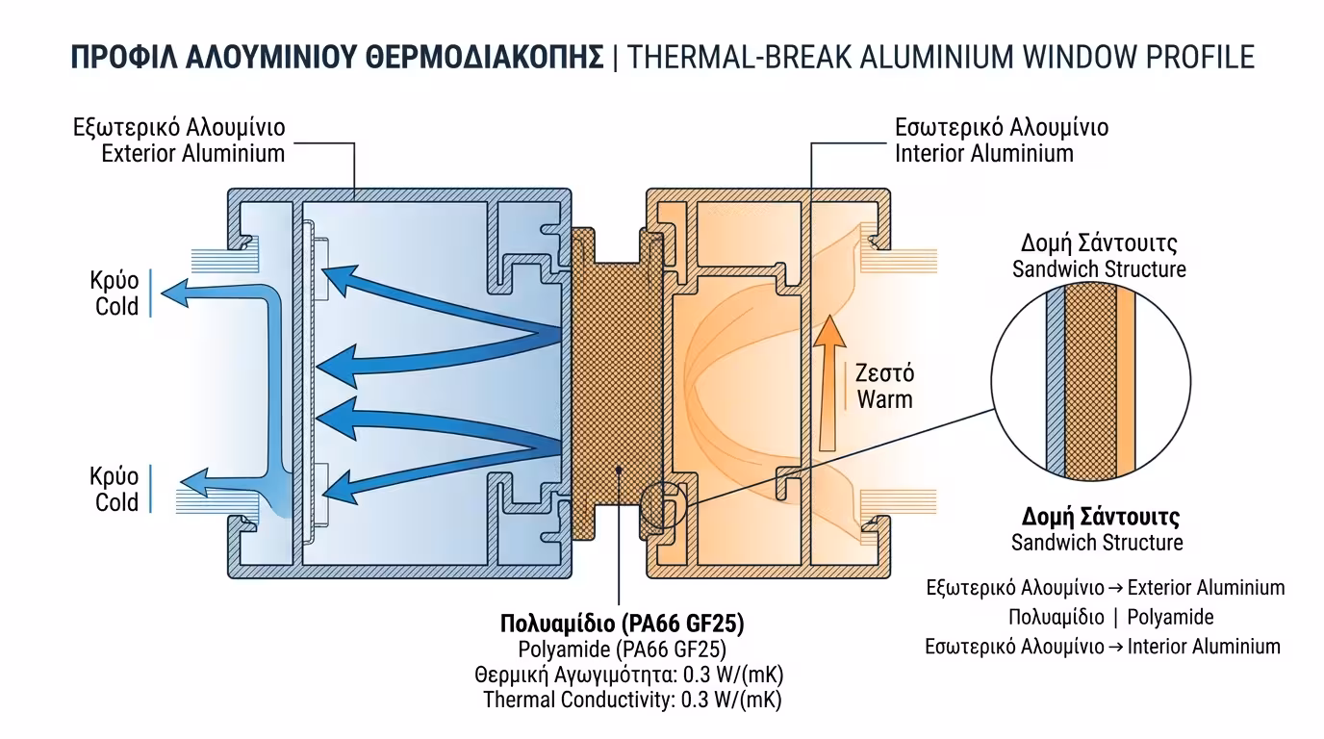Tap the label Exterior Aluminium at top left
[x=193, y=153]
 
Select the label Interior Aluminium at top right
[x=984, y=153]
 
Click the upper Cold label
[x=116, y=307]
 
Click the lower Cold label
[x=116, y=501]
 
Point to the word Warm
[x=884, y=398]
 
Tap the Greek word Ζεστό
[x=884, y=372]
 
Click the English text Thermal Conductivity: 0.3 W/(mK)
[x=640, y=700]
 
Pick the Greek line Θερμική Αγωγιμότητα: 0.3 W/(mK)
[x=636, y=674]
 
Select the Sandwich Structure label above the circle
[x=1099, y=269]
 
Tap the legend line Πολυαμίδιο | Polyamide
[x=1110, y=617]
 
